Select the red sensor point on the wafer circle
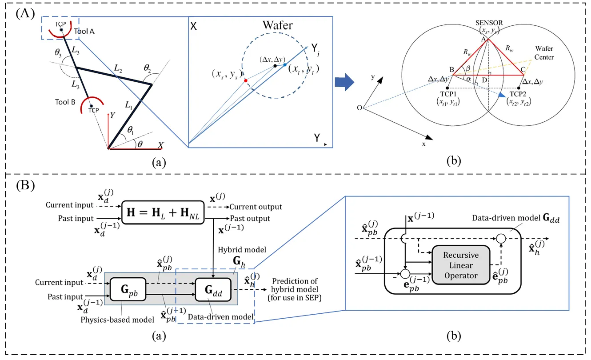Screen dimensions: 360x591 246,81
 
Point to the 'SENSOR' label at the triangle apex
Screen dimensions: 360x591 487,25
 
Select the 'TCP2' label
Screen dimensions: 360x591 519,94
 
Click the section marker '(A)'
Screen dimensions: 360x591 23,13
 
